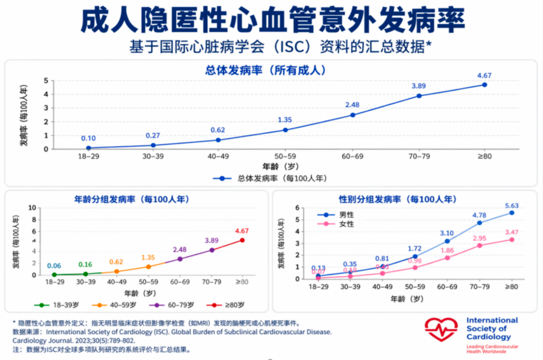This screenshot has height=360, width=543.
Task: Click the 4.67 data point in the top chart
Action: pyautogui.click(x=484, y=85)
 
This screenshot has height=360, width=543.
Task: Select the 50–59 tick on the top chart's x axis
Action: pyautogui.click(x=285, y=156)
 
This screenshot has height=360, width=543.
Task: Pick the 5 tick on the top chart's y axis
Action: pyautogui.click(x=46, y=81)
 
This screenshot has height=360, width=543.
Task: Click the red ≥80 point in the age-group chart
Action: pyautogui.click(x=242, y=240)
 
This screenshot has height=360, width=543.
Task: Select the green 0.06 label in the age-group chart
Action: pyautogui.click(x=54, y=266)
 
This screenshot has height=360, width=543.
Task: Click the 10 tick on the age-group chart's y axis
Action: pyautogui.click(x=32, y=208)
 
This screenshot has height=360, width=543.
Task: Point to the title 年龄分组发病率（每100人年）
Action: pyautogui.click(x=132, y=200)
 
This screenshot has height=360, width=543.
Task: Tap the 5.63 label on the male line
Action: pyautogui.click(x=511, y=206)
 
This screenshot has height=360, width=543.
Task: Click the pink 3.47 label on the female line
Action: pyautogui.click(x=511, y=232)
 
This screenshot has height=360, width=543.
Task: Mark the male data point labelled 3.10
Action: pyautogui.click(x=447, y=241)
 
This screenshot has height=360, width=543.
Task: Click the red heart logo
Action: pyautogui.click(x=441, y=330)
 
